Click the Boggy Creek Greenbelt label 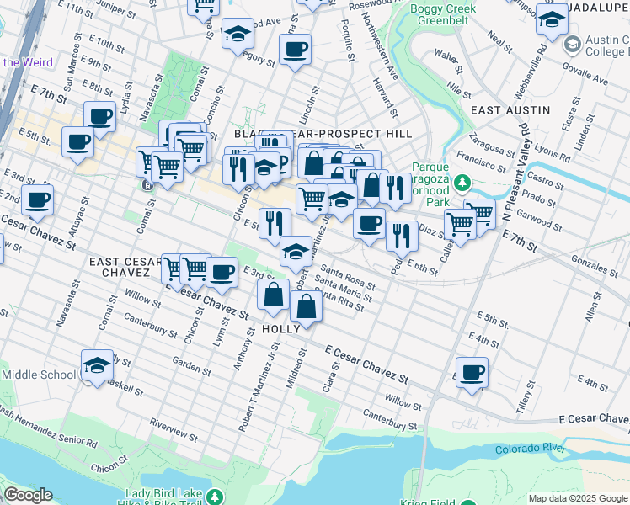443,16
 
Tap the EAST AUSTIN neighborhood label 510,110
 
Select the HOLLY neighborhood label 280,329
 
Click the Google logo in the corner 27,495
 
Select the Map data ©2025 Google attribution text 578,498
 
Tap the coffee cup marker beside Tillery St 472,371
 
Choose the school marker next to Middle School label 98,364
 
